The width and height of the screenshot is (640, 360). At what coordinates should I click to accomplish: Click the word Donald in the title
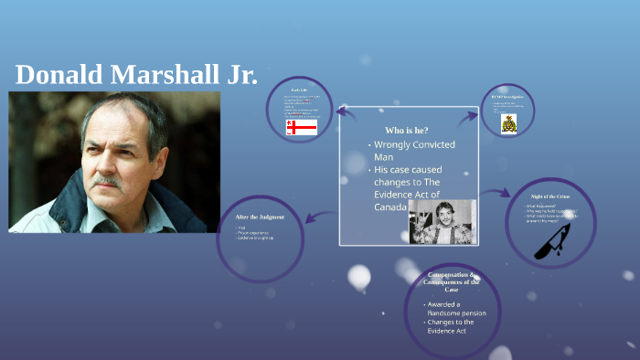click(59, 76)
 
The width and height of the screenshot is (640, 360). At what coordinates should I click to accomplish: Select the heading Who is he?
click(407, 130)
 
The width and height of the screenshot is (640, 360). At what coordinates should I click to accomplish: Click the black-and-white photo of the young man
click(442, 221)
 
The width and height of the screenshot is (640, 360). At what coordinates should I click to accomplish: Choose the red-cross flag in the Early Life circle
click(301, 127)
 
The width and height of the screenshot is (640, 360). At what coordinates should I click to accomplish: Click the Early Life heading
click(299, 90)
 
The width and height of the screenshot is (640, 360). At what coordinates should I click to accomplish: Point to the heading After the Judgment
click(260, 217)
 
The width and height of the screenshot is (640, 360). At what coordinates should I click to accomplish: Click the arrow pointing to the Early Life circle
click(347, 111)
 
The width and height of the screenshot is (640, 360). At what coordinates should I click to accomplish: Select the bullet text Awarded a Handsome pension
click(456, 309)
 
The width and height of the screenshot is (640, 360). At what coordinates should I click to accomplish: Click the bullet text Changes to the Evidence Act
click(453, 326)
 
